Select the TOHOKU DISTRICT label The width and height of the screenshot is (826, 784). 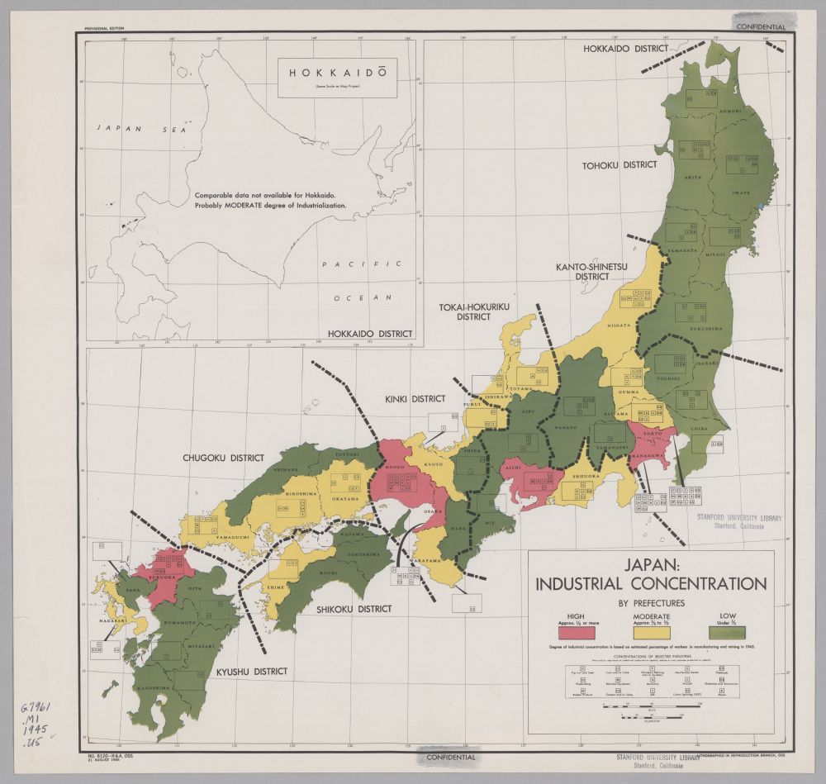click(619, 164)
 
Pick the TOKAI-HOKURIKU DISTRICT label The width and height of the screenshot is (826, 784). click(474, 311)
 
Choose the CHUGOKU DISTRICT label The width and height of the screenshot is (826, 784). click(225, 457)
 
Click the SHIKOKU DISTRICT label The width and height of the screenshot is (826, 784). click(354, 609)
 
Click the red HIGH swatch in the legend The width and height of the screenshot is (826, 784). click(577, 632)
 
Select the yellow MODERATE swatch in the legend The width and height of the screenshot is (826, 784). click(652, 632)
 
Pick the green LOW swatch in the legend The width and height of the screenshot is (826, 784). click(728, 632)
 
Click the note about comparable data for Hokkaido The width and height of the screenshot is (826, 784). click(271, 200)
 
